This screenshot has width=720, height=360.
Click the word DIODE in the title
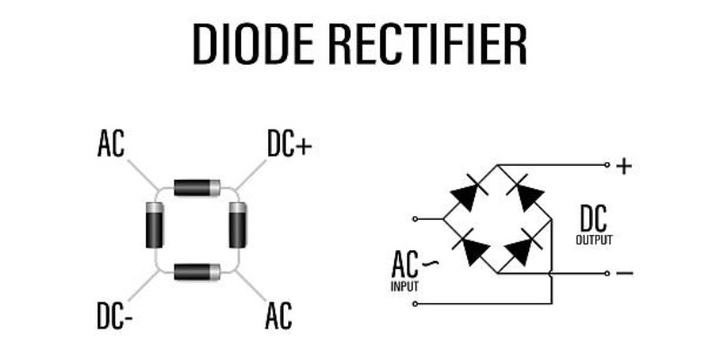(x=254, y=44)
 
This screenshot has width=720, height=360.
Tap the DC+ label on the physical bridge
(x=289, y=144)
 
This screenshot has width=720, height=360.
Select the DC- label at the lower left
(x=115, y=316)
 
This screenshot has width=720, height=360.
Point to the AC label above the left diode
(x=111, y=144)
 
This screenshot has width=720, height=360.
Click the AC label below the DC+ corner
(x=279, y=316)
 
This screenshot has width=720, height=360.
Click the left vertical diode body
(x=154, y=225)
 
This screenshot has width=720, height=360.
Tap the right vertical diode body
(x=238, y=225)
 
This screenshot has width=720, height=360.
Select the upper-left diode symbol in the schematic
(x=469, y=193)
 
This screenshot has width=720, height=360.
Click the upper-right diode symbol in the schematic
(x=526, y=193)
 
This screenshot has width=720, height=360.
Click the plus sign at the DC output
(x=624, y=166)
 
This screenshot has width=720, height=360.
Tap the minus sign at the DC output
(x=625, y=274)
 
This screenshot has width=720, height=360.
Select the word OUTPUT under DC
(x=594, y=240)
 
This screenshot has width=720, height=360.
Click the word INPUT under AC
(x=404, y=286)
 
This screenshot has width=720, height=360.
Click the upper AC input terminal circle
(x=415, y=219)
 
